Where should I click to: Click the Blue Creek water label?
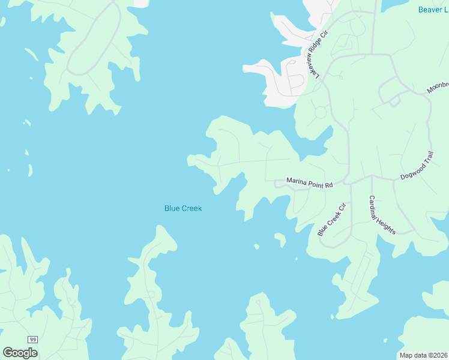point(183,208)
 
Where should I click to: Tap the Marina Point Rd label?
point(309,182)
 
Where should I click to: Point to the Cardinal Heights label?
point(382,215)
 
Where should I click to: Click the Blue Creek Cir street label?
point(332,220)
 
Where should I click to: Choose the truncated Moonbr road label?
point(438,87)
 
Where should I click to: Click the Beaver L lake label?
point(433,10)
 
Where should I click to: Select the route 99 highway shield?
point(32,340)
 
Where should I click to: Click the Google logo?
point(20,353)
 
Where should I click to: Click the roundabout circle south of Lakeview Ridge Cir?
point(320,112)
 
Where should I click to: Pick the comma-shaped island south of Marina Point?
point(280,239)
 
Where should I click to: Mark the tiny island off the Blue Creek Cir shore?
point(257,246)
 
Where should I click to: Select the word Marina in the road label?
point(297,180)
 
